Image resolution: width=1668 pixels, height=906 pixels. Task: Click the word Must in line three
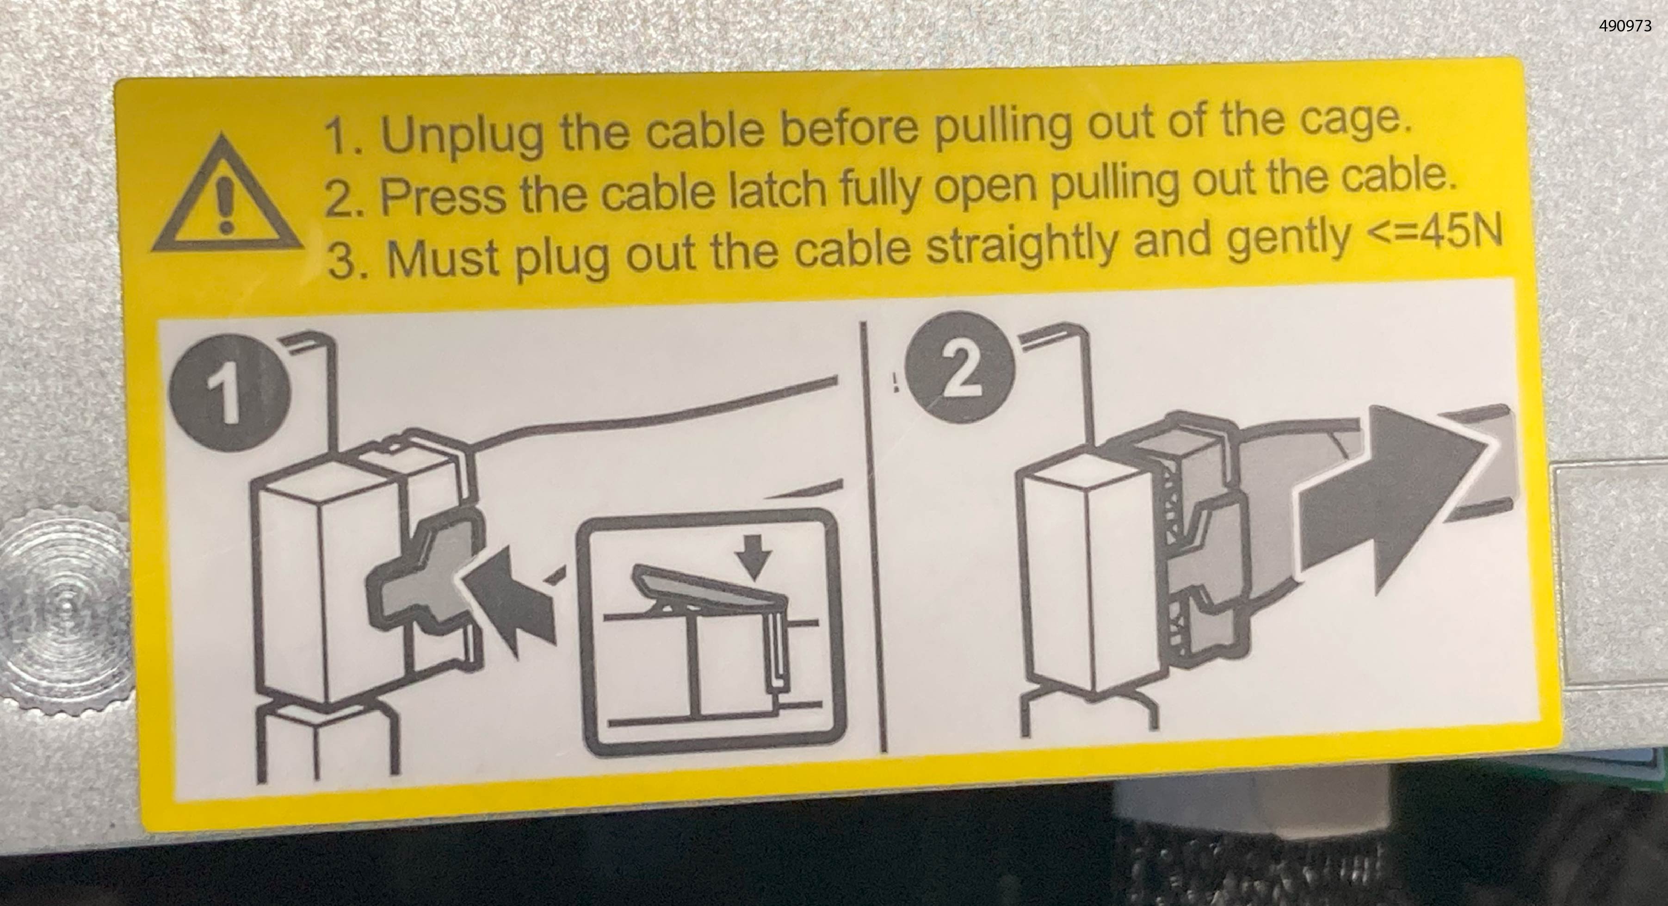coord(445,258)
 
